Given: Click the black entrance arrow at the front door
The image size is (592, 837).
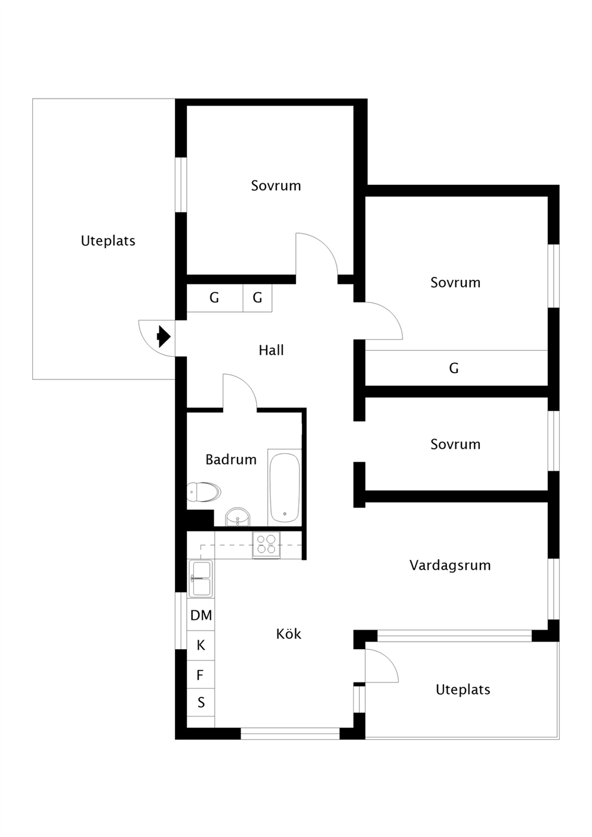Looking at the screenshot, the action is pos(164,336).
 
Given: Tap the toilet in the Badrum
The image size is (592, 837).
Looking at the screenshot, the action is pos(203,492).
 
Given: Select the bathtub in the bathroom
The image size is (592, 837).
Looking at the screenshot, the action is pos(285,487).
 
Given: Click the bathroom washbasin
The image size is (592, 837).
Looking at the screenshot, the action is pos(238,517).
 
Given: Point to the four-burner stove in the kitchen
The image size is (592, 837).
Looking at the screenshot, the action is pos(266,545).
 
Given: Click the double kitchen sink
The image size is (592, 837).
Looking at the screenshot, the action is pos(201,579).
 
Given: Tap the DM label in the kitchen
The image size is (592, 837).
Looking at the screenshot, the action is pos(201,615).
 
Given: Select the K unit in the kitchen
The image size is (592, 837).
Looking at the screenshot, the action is pos(201,645).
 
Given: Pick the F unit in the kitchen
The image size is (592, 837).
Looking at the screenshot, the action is pos(201,675).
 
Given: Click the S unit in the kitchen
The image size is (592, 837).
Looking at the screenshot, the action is pos(201,703).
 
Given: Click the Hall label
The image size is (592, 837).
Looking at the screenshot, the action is pos(272,350).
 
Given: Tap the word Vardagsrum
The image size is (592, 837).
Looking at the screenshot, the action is pos(450,566).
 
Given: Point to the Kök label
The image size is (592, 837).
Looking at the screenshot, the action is pos(288,634).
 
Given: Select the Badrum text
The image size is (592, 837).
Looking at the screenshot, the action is pos(231,459).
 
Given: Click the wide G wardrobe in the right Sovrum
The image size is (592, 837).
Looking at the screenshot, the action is pos(457,368).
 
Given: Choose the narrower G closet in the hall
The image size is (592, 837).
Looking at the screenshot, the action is pos(257,298).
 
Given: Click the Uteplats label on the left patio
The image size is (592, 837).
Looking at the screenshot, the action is pos(108,240).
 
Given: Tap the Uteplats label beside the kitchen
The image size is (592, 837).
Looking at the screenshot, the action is pos(463,690).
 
